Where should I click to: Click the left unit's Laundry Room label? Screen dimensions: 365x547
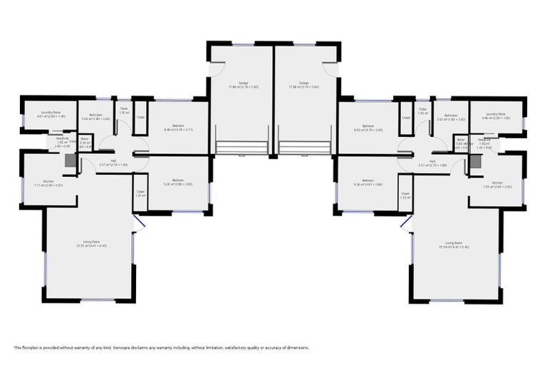point(52,113)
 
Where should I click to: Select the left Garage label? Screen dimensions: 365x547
point(243,83)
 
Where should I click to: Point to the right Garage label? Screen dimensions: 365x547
point(304,83)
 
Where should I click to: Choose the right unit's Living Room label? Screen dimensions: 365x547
point(454,243)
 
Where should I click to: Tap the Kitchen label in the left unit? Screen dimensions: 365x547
point(48,182)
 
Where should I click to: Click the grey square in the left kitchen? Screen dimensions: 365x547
point(70,161)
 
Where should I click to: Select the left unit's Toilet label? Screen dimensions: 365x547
point(124,109)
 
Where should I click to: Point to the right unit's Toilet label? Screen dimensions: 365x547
point(422,109)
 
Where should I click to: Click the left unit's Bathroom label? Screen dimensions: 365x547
point(95,115)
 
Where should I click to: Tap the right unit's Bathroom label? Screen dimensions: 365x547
point(450,115)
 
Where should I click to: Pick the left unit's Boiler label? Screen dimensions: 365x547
point(84,139)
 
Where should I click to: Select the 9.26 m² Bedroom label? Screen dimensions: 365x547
point(177,180)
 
